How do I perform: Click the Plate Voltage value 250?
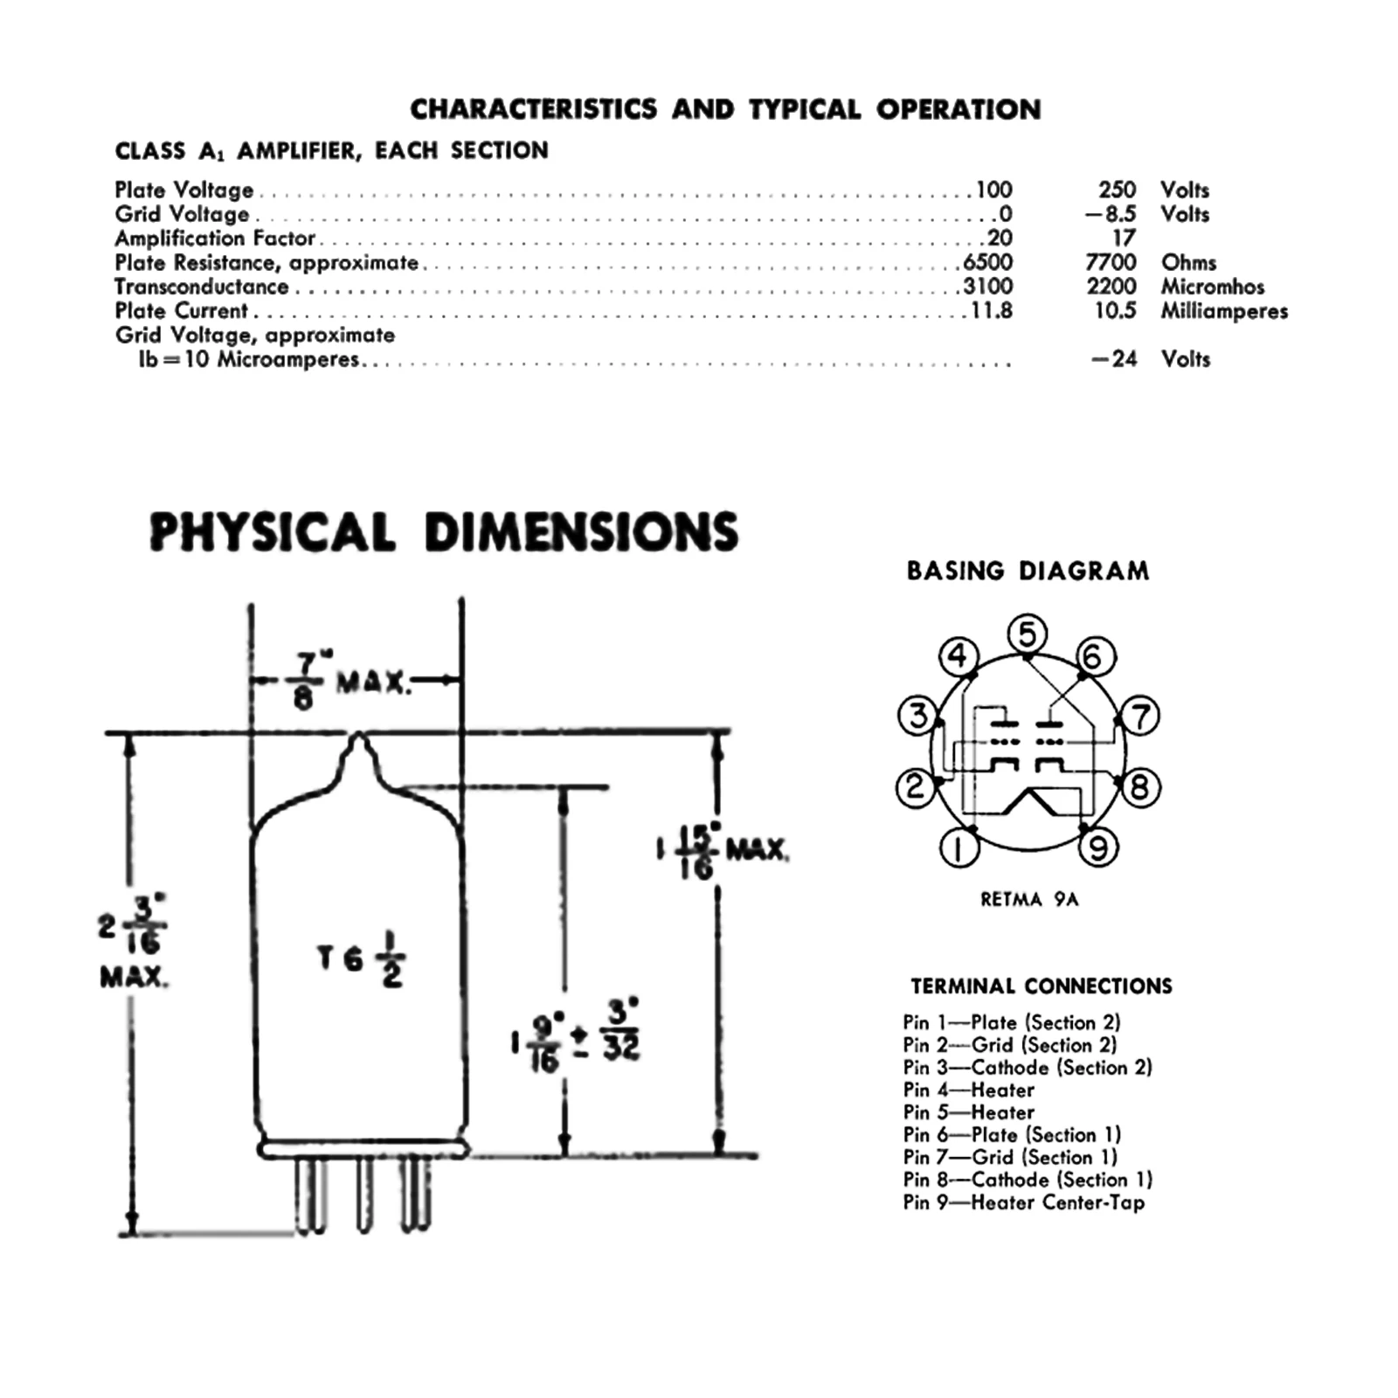click(1117, 190)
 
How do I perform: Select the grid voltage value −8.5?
click(1111, 214)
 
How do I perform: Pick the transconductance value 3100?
click(987, 287)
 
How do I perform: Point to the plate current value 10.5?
click(1115, 311)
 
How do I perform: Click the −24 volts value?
click(1114, 359)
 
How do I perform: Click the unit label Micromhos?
click(1212, 287)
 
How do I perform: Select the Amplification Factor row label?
click(215, 239)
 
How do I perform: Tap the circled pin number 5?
click(1028, 633)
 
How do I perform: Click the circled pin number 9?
click(1099, 847)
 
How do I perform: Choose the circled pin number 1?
click(959, 848)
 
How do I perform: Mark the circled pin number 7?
click(1141, 716)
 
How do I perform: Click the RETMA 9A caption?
click(1029, 899)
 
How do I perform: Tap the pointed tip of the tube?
click(358, 737)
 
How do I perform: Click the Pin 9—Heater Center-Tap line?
click(1023, 1202)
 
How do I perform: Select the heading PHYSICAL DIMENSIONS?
click(444, 532)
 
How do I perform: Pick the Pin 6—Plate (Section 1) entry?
click(1012, 1135)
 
